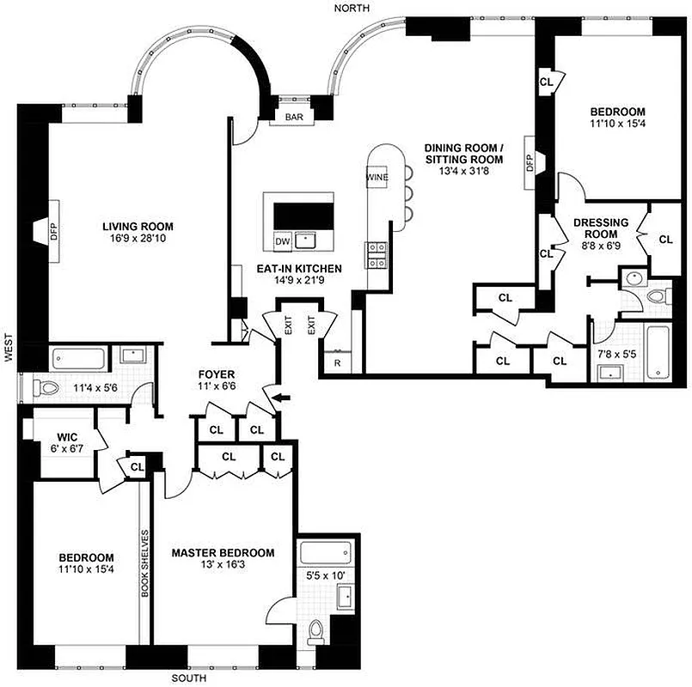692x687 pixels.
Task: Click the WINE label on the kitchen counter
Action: pyautogui.click(x=377, y=178)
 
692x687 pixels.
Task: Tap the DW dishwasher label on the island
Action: pyautogui.click(x=282, y=242)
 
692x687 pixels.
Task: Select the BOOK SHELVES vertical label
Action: pyautogui.click(x=145, y=562)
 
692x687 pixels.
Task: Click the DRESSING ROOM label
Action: pyautogui.click(x=601, y=228)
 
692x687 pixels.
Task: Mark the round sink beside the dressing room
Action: pyautogui.click(x=632, y=279)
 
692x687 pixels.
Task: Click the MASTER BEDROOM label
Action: pyautogui.click(x=223, y=552)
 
